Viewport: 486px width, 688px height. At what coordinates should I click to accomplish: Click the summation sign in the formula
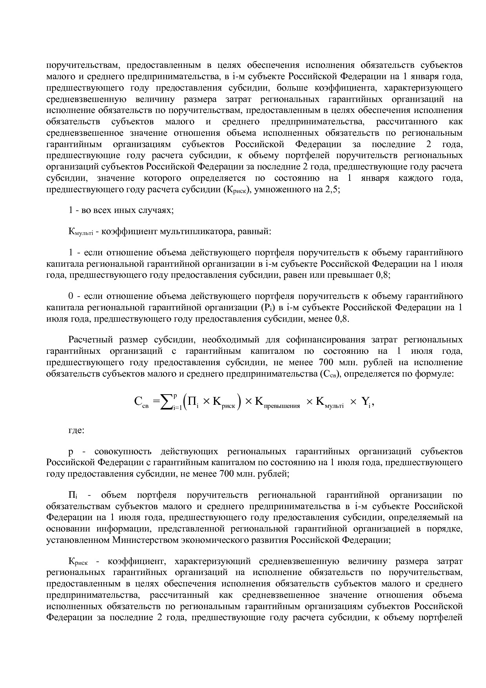[166, 402]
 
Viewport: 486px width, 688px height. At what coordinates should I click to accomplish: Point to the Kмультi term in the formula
[330, 403]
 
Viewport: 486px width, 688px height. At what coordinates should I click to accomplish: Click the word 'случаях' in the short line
[157, 210]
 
